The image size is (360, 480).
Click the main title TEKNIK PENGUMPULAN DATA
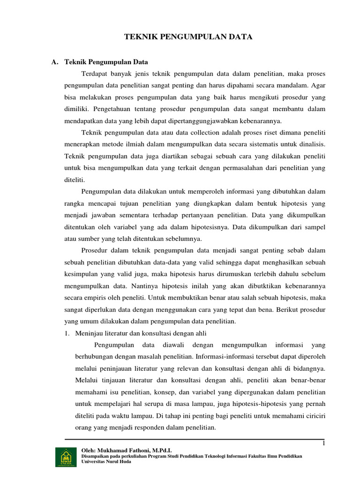click(188, 37)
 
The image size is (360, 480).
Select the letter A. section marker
click(54, 62)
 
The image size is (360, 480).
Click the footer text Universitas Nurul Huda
click(106, 461)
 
